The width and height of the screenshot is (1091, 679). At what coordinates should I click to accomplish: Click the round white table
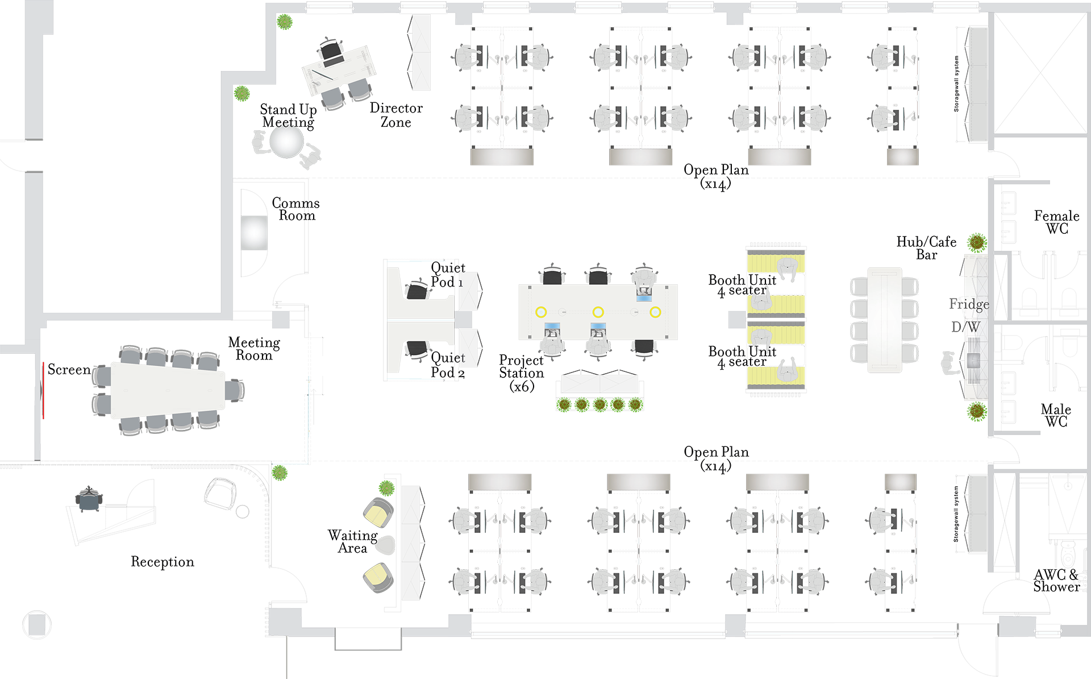pos(286,141)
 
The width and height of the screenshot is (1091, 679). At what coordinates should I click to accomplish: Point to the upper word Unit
pos(762,280)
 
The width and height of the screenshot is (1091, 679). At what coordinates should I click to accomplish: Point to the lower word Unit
pos(762,351)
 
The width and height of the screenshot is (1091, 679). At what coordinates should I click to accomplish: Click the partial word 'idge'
pos(976,305)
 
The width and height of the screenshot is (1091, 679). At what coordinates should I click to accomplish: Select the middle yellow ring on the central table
pos(598,312)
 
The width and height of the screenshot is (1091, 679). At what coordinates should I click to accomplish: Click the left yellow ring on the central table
pos(541,312)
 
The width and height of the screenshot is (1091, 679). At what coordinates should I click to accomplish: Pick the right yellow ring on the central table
pos(655,312)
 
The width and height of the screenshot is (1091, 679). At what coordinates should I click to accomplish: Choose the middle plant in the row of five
pos(600,405)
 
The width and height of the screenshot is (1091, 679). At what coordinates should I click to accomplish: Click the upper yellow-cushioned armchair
pos(378,515)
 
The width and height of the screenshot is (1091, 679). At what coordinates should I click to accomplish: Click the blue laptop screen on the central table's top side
pos(644,298)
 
